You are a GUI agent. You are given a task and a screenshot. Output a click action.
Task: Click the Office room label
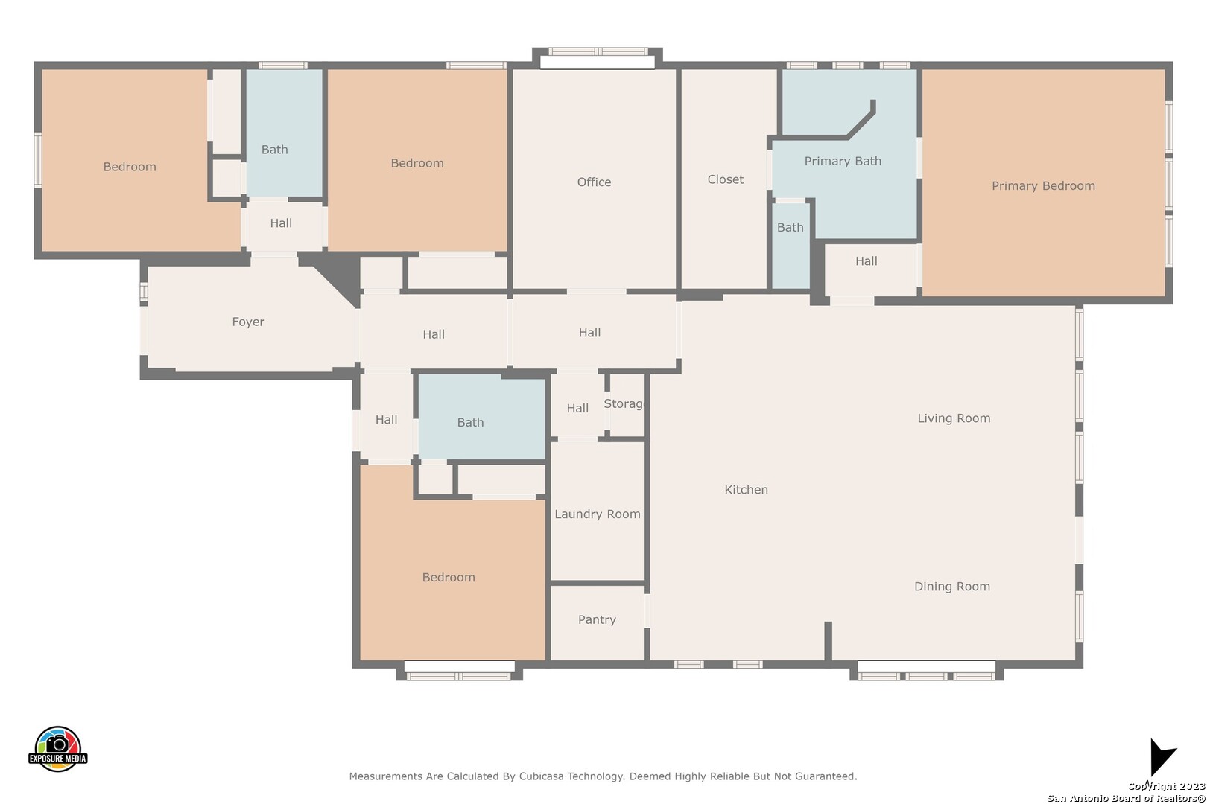point(594,182)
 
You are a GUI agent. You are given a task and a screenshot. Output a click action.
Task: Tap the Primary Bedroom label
point(1043,186)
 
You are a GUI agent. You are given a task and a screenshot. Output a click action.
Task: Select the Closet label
point(725,179)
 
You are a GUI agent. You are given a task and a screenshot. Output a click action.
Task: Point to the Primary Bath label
point(843,161)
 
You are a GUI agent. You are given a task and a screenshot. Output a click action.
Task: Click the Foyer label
point(248,322)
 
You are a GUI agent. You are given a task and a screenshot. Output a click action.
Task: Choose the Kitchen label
point(746,490)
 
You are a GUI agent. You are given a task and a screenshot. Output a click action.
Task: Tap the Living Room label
point(954,418)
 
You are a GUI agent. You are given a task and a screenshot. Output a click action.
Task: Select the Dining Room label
point(952,587)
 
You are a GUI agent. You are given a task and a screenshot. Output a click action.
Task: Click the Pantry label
point(597,619)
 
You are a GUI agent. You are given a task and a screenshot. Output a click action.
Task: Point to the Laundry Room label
point(597,514)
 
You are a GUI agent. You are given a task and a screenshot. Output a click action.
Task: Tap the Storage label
point(624,404)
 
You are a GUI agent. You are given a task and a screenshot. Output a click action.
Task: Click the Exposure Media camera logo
point(57,748)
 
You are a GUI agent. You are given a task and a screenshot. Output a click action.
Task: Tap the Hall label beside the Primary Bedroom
point(866,261)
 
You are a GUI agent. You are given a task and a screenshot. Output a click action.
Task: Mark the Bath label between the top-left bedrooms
point(274,150)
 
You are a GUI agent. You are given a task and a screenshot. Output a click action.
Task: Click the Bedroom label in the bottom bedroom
point(449,577)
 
